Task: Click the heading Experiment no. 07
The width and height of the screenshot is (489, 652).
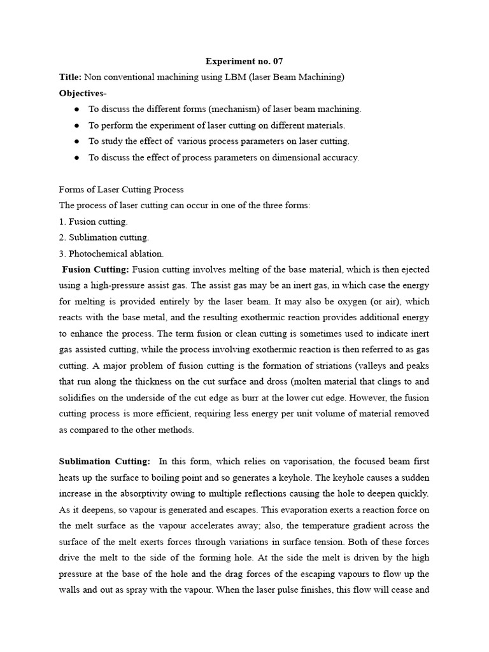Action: pos(244,62)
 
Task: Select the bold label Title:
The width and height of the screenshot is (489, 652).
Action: pos(70,77)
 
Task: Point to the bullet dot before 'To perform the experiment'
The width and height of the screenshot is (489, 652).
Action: pos(77,125)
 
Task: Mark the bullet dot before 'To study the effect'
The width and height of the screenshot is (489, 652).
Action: pos(77,141)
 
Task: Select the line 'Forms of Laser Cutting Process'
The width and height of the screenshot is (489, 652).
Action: pos(121,190)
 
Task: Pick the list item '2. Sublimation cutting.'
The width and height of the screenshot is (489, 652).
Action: pos(104,237)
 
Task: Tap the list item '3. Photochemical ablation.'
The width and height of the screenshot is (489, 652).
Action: pos(111,253)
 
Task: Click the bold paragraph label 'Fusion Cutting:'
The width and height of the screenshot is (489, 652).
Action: pos(96,269)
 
